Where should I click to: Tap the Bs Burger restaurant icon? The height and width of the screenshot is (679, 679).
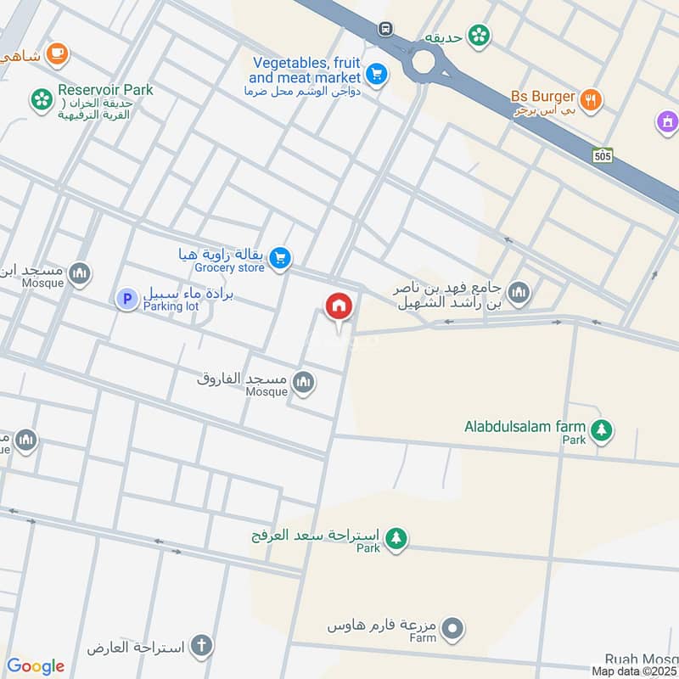[x=592, y=99]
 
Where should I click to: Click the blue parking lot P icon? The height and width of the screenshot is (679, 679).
[x=126, y=299]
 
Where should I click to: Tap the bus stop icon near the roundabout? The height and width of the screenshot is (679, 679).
[x=386, y=29]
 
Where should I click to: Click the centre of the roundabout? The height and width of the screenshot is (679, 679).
[x=424, y=62]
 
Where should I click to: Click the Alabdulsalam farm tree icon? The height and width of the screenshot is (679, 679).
[x=602, y=430]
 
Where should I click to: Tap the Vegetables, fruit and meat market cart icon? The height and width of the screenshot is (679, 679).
[x=378, y=74]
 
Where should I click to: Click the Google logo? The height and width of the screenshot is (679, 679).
[x=36, y=666]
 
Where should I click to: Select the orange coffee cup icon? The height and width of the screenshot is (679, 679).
[x=58, y=53]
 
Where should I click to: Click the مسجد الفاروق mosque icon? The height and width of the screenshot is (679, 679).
[x=304, y=384]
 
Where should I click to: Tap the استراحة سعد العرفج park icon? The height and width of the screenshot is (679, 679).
[x=396, y=537]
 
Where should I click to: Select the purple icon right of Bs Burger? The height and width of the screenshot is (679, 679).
[x=667, y=122]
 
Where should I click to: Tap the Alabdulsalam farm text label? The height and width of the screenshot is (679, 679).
[x=525, y=426]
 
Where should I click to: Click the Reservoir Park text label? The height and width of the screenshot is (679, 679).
[x=105, y=90]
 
